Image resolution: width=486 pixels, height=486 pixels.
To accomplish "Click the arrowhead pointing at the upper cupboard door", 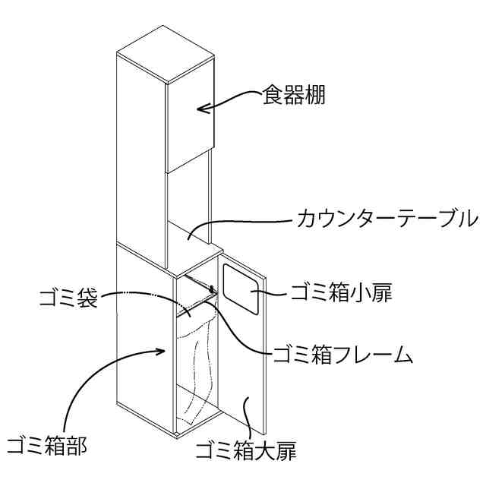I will (x=201, y=109).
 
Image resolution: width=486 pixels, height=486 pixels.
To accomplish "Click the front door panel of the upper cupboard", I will (x=191, y=121).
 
